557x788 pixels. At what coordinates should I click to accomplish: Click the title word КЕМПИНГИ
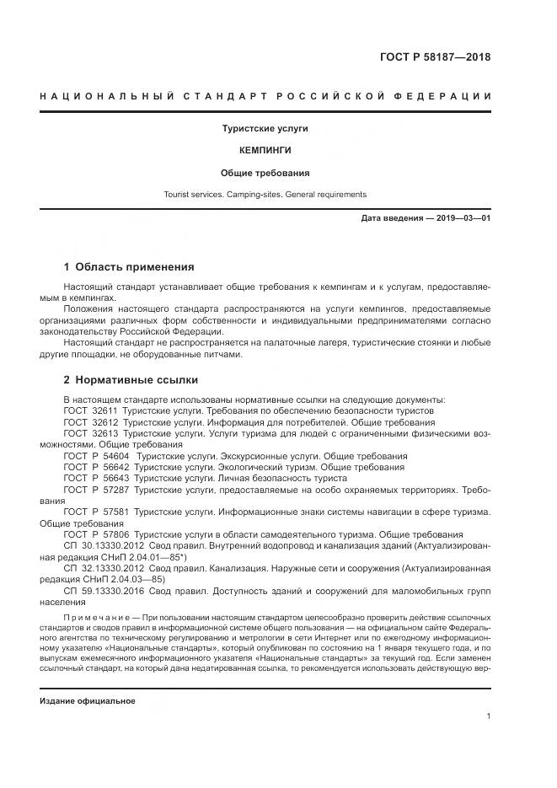tap(265, 150)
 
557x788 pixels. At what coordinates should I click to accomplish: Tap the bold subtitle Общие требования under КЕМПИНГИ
tap(265, 173)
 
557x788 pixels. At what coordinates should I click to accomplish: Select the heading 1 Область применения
tap(129, 267)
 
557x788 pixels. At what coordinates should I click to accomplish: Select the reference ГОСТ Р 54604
tap(96, 456)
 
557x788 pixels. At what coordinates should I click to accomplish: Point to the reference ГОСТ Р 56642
tap(96, 467)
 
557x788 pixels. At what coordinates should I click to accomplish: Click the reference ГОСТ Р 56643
tap(96, 478)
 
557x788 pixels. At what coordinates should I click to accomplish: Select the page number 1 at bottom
tap(489, 716)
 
